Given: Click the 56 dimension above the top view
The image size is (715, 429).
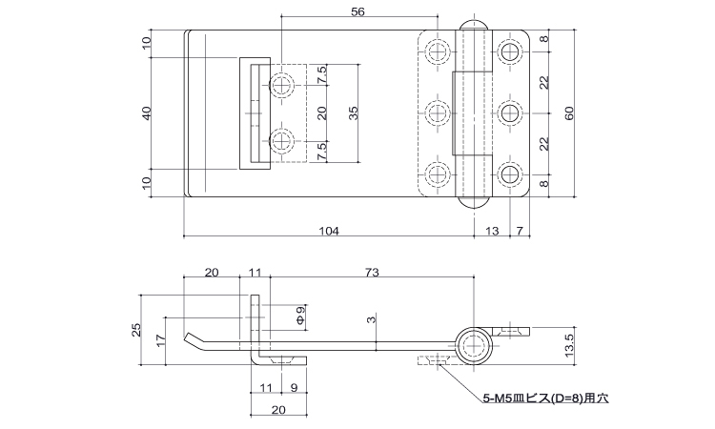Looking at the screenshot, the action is [x=357, y=11].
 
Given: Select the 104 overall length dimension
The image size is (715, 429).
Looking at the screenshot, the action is [x=329, y=231].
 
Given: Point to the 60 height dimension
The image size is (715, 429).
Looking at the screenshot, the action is [x=569, y=113].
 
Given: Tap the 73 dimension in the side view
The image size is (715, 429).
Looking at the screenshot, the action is [x=372, y=272].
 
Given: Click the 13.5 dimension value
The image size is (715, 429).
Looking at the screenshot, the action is [x=569, y=345].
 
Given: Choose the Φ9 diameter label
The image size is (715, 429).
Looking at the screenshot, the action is [x=300, y=316].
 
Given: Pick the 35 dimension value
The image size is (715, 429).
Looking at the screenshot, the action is [x=353, y=113].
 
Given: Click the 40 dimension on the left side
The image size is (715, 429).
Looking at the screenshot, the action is [x=147, y=113].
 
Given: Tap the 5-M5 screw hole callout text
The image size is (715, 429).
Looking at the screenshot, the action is [x=545, y=398].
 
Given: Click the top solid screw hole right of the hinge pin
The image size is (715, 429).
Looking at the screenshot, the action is [x=509, y=51].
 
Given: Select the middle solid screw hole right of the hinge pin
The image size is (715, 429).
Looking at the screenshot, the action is [x=509, y=113].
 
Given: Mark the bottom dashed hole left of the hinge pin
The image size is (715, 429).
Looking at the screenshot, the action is [x=438, y=174].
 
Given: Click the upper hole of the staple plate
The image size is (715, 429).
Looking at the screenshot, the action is [x=282, y=85].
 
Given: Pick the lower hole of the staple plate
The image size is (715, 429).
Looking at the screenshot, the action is [x=282, y=141].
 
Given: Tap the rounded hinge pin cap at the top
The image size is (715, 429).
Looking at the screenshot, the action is [x=474, y=25].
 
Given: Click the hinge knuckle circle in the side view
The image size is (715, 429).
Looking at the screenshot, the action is [x=474, y=345].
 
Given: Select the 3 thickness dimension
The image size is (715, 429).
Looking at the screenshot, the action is [x=373, y=319].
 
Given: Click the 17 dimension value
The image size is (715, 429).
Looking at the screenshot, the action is [x=159, y=340].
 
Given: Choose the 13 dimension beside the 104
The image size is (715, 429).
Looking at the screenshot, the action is [x=492, y=231].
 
